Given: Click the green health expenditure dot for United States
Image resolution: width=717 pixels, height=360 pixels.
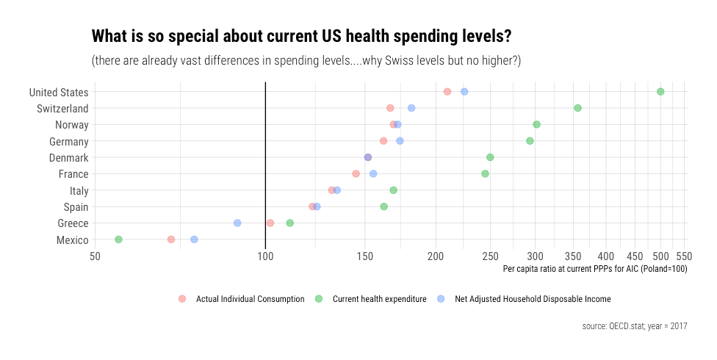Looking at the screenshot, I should [660, 92].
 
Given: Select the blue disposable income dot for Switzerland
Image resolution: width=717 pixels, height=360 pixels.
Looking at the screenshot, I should [411, 108].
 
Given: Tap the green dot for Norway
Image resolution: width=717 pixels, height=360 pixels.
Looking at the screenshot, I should [536, 125].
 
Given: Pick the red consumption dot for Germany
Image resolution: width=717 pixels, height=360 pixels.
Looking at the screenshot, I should [383, 141].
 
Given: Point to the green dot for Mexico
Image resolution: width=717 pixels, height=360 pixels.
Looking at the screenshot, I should [118, 240].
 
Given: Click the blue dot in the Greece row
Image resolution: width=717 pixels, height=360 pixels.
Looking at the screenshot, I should [237, 223].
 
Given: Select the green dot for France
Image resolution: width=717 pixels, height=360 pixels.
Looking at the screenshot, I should [485, 174].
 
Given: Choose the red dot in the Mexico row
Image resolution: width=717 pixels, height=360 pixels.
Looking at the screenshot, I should [171, 240].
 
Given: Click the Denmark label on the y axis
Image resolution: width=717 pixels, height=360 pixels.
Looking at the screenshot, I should [68, 158].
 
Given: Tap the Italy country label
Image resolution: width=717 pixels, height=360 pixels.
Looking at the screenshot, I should [79, 191].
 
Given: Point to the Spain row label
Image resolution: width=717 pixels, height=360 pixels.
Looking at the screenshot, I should [76, 207].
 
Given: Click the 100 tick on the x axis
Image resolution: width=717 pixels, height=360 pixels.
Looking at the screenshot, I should [265, 256].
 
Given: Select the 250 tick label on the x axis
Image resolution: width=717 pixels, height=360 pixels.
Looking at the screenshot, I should [490, 256].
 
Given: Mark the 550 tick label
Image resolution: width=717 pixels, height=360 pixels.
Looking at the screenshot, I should [685, 256].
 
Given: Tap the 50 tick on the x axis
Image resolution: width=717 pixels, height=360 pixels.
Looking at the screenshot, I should [95, 256].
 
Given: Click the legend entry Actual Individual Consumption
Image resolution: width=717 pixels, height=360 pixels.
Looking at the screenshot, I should [250, 299].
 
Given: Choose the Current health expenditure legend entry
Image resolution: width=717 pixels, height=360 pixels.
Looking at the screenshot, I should [379, 299].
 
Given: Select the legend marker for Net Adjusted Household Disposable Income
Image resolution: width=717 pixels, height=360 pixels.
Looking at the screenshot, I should [442, 299].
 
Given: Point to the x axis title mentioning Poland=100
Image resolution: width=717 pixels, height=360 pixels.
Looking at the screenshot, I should [594, 269].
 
